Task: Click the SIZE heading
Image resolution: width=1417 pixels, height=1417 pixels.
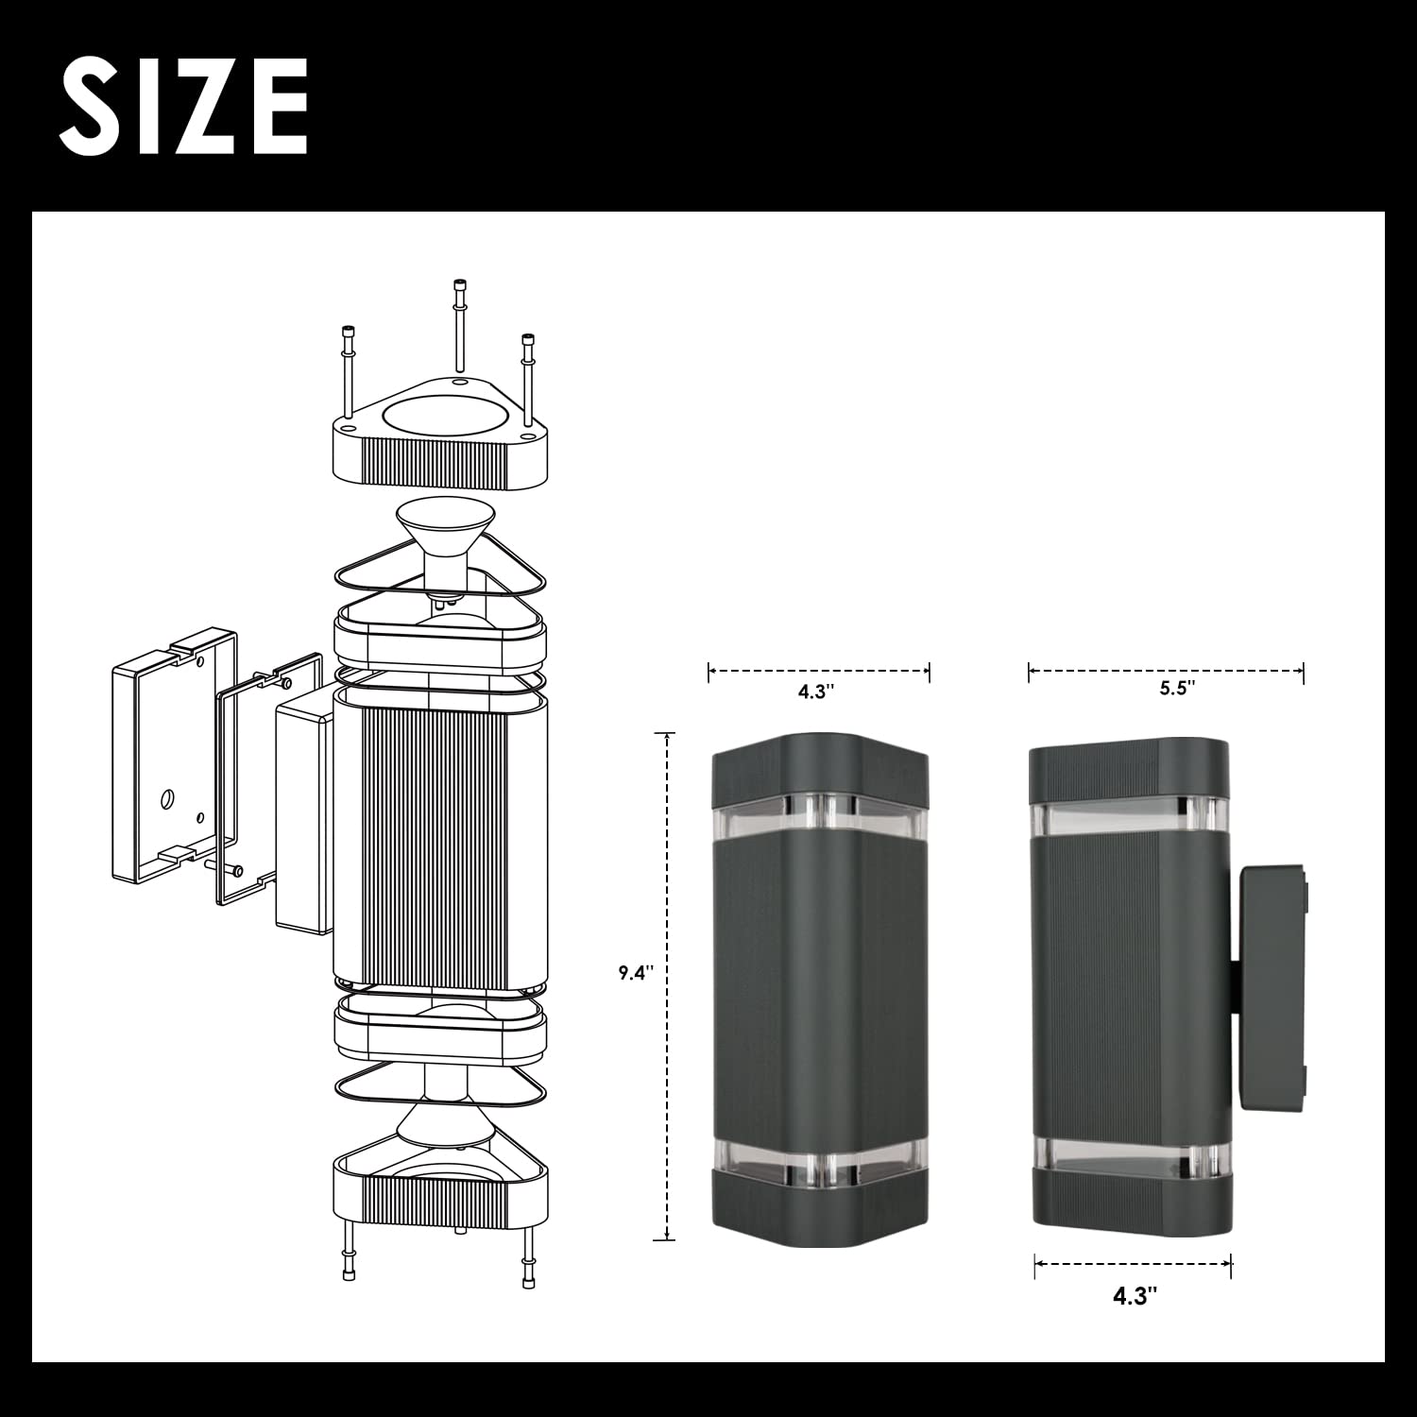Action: [x=185, y=105]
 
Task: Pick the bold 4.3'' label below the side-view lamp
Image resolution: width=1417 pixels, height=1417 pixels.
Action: [x=1135, y=1296]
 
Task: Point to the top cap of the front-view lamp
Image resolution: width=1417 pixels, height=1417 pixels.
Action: [x=820, y=763]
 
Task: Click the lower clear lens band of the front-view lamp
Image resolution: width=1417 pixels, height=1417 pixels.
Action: [x=820, y=1156]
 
